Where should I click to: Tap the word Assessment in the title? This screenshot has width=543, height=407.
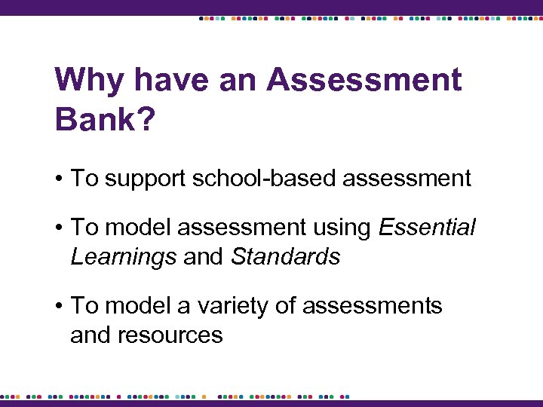(x=364, y=80)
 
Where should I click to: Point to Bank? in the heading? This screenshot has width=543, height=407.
(x=105, y=119)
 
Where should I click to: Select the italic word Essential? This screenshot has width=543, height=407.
(x=427, y=227)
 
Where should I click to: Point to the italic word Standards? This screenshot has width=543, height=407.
(x=285, y=256)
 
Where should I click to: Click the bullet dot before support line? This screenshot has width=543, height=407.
(x=59, y=179)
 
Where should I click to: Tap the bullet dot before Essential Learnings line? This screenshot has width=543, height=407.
(x=59, y=228)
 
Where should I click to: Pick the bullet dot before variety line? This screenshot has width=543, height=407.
(x=59, y=306)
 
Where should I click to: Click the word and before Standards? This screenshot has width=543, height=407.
(x=203, y=256)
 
